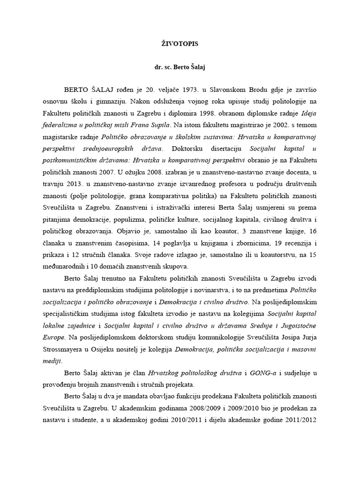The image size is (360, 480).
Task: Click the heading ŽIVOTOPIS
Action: (180, 44)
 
